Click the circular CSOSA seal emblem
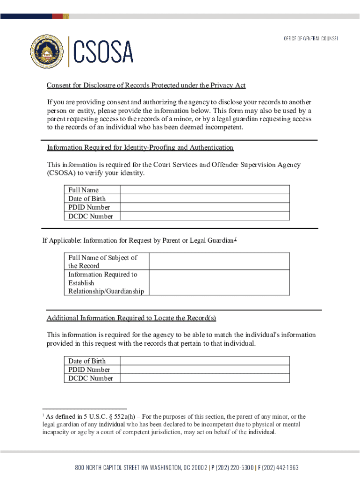click(47, 51)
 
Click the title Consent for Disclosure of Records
click(145, 85)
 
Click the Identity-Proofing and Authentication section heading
click(140, 147)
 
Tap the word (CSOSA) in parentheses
click(61, 173)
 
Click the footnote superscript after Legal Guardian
click(236, 239)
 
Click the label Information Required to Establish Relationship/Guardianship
click(106, 283)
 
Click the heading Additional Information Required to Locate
click(131, 318)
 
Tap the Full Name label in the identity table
click(84, 190)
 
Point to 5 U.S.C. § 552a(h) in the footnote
click(110, 416)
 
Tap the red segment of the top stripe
click(57, 16)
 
